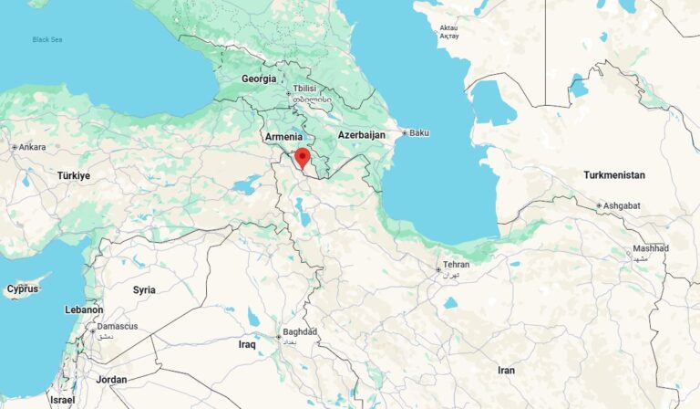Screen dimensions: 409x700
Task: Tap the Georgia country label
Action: tap(259, 79)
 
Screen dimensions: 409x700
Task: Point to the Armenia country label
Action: tap(283, 137)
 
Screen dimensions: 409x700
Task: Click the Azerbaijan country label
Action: tap(362, 135)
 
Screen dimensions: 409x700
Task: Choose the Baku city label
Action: tap(418, 133)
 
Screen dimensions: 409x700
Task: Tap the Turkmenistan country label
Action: tap(613, 174)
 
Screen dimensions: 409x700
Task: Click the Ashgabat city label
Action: tap(622, 206)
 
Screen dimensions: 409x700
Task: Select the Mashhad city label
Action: tap(651, 248)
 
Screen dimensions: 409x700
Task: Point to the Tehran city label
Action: tap(456, 265)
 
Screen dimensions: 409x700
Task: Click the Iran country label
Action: tap(506, 370)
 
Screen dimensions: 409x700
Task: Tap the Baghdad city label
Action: tap(299, 331)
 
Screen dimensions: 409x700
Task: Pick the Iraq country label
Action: tap(247, 345)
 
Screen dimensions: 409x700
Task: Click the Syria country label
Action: tap(144, 289)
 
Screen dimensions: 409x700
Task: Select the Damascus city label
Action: tap(118, 326)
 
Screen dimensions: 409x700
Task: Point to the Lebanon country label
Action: tap(84, 310)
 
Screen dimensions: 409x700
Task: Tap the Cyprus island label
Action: tap(23, 288)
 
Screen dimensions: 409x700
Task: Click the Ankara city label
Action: tap(32, 147)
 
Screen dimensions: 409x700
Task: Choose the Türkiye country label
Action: tap(74, 175)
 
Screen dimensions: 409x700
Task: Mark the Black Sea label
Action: tap(46, 39)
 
